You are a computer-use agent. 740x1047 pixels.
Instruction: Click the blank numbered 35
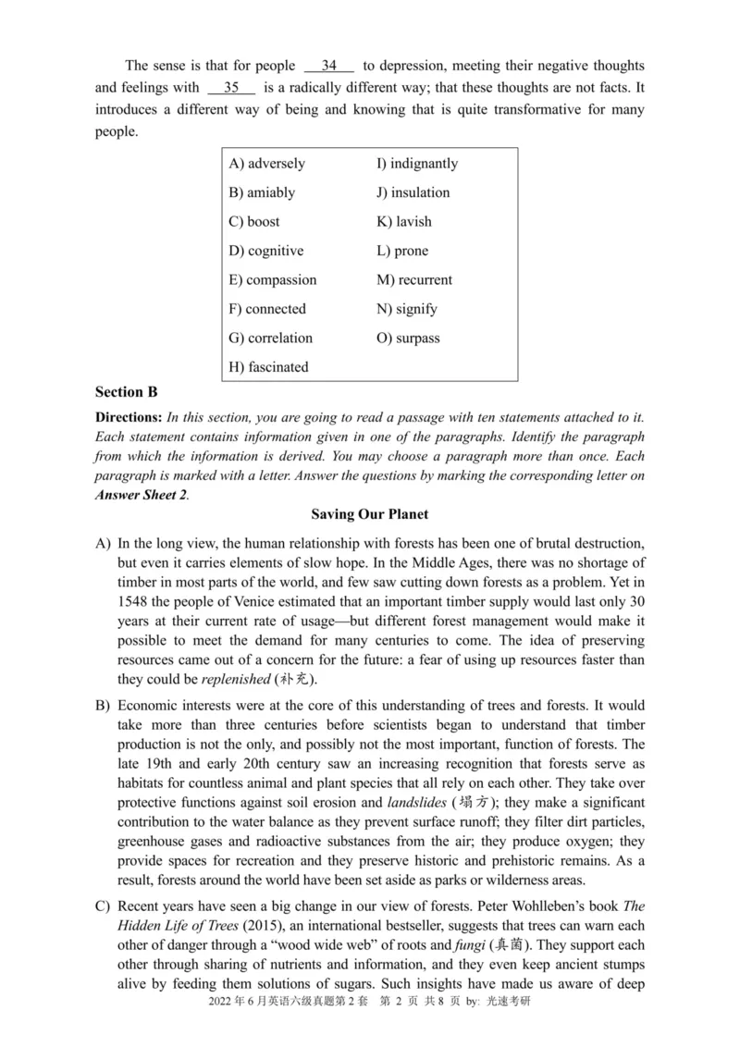[x=231, y=88]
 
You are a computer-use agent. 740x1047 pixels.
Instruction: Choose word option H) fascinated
[x=268, y=367]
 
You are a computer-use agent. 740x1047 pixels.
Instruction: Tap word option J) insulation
[x=413, y=192]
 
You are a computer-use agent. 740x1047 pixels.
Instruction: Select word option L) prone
[x=402, y=251]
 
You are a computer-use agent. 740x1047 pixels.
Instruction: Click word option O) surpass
[x=408, y=338]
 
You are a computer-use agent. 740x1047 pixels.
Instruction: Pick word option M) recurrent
[x=414, y=280]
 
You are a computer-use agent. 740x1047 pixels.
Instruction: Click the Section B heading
[x=125, y=392]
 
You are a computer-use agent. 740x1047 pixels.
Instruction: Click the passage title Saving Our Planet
[x=369, y=514]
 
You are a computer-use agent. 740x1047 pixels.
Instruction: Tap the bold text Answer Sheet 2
[x=141, y=495]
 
